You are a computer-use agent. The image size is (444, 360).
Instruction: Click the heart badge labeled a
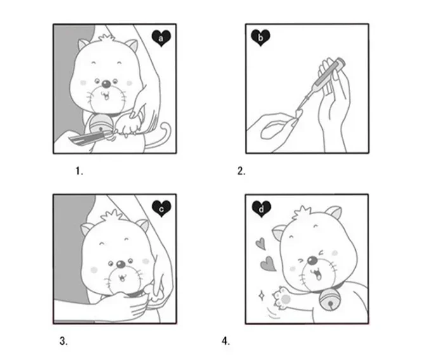161,38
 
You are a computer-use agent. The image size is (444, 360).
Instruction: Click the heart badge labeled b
261,37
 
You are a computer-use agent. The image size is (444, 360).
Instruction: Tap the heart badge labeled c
161,209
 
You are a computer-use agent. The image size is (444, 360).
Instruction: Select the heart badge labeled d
261,209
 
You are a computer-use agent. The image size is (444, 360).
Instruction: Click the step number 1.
79,171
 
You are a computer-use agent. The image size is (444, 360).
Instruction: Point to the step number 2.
241,171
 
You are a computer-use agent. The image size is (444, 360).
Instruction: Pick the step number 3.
63,342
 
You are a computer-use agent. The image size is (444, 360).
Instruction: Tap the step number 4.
226,342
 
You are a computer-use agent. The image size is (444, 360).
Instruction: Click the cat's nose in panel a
106,84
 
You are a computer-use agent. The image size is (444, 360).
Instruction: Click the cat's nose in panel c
121,264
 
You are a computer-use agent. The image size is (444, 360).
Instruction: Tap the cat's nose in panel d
312,260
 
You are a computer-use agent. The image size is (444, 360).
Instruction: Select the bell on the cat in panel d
329,302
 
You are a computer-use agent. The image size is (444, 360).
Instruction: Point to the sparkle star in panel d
261,296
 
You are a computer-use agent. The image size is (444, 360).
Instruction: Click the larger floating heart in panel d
268,264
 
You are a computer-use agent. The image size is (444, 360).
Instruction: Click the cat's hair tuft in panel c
112,215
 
